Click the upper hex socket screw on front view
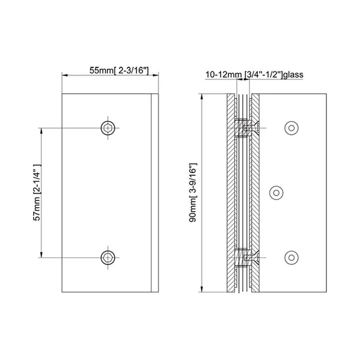pos(108,128)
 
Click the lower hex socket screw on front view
pos(108,257)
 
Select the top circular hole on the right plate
pos(292,128)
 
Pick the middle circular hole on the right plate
pos(276,193)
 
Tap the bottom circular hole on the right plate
pos(292,257)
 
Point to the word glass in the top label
pos(295,74)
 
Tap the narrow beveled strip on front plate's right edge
pos(155,193)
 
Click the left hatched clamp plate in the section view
pos(230,193)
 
